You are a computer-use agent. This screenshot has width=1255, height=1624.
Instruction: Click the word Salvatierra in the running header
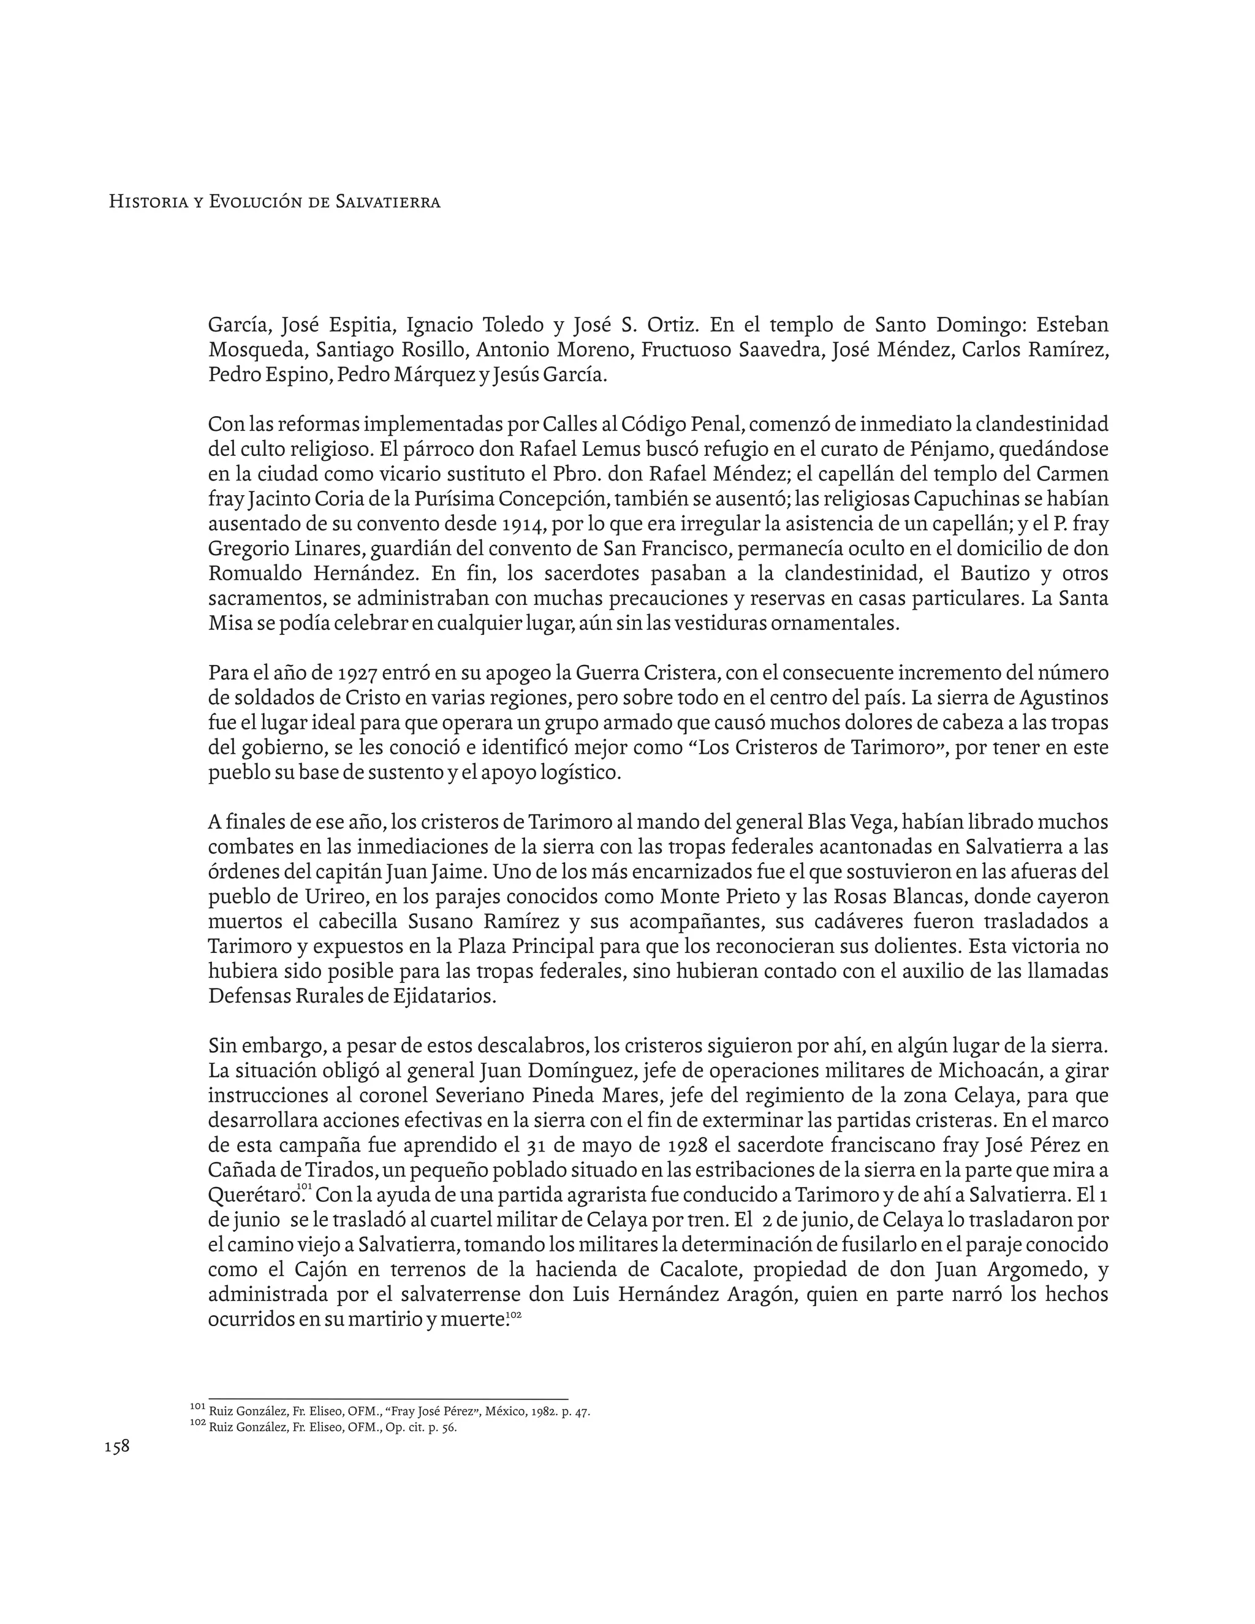(x=388, y=202)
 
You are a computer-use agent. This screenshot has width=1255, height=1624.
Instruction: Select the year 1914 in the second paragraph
(x=525, y=524)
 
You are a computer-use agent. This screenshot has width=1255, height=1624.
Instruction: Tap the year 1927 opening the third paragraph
(x=360, y=674)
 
